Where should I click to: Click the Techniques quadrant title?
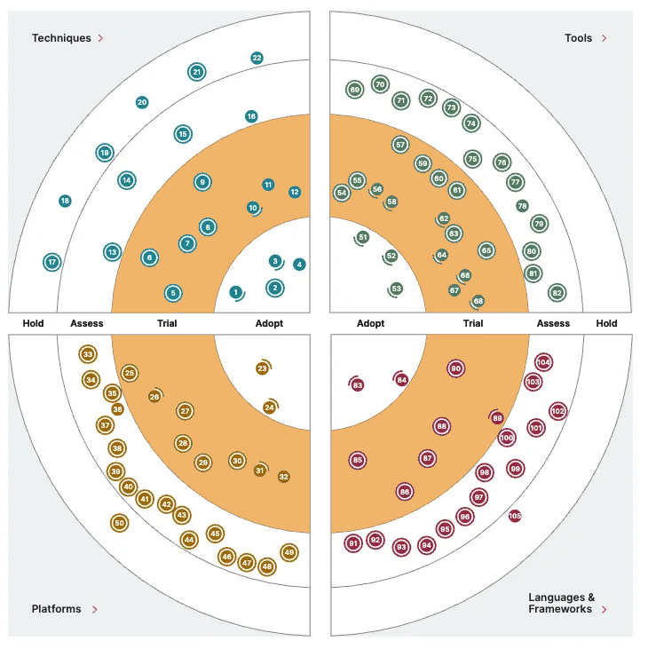[61, 38]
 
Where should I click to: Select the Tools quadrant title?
[578, 38]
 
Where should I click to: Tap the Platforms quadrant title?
[56, 609]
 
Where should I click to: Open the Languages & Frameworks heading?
[561, 603]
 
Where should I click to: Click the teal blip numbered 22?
[257, 59]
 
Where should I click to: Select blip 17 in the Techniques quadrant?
[52, 262]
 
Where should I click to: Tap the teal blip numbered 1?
[235, 292]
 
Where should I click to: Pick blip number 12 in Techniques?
[295, 192]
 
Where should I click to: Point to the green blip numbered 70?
[380, 85]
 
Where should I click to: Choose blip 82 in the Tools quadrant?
[557, 293]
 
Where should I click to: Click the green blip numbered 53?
[397, 289]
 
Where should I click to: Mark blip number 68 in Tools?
[478, 301]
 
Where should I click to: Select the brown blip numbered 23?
[262, 368]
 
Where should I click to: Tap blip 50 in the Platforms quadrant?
[119, 523]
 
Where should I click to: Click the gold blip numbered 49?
[288, 552]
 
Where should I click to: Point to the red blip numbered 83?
[358, 385]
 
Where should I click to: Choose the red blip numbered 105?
[515, 516]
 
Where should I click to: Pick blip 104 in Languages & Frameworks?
[544, 362]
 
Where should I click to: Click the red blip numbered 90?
[456, 368]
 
